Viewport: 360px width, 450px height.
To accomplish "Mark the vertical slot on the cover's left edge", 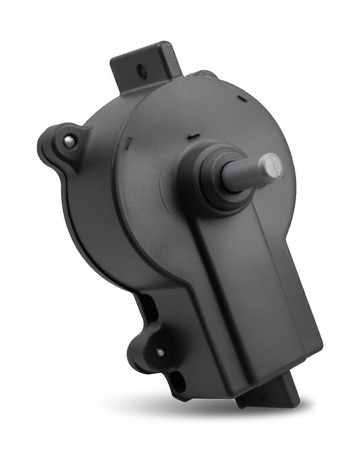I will coord(128,141).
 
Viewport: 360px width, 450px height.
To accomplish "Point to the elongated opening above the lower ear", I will coord(151,306).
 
